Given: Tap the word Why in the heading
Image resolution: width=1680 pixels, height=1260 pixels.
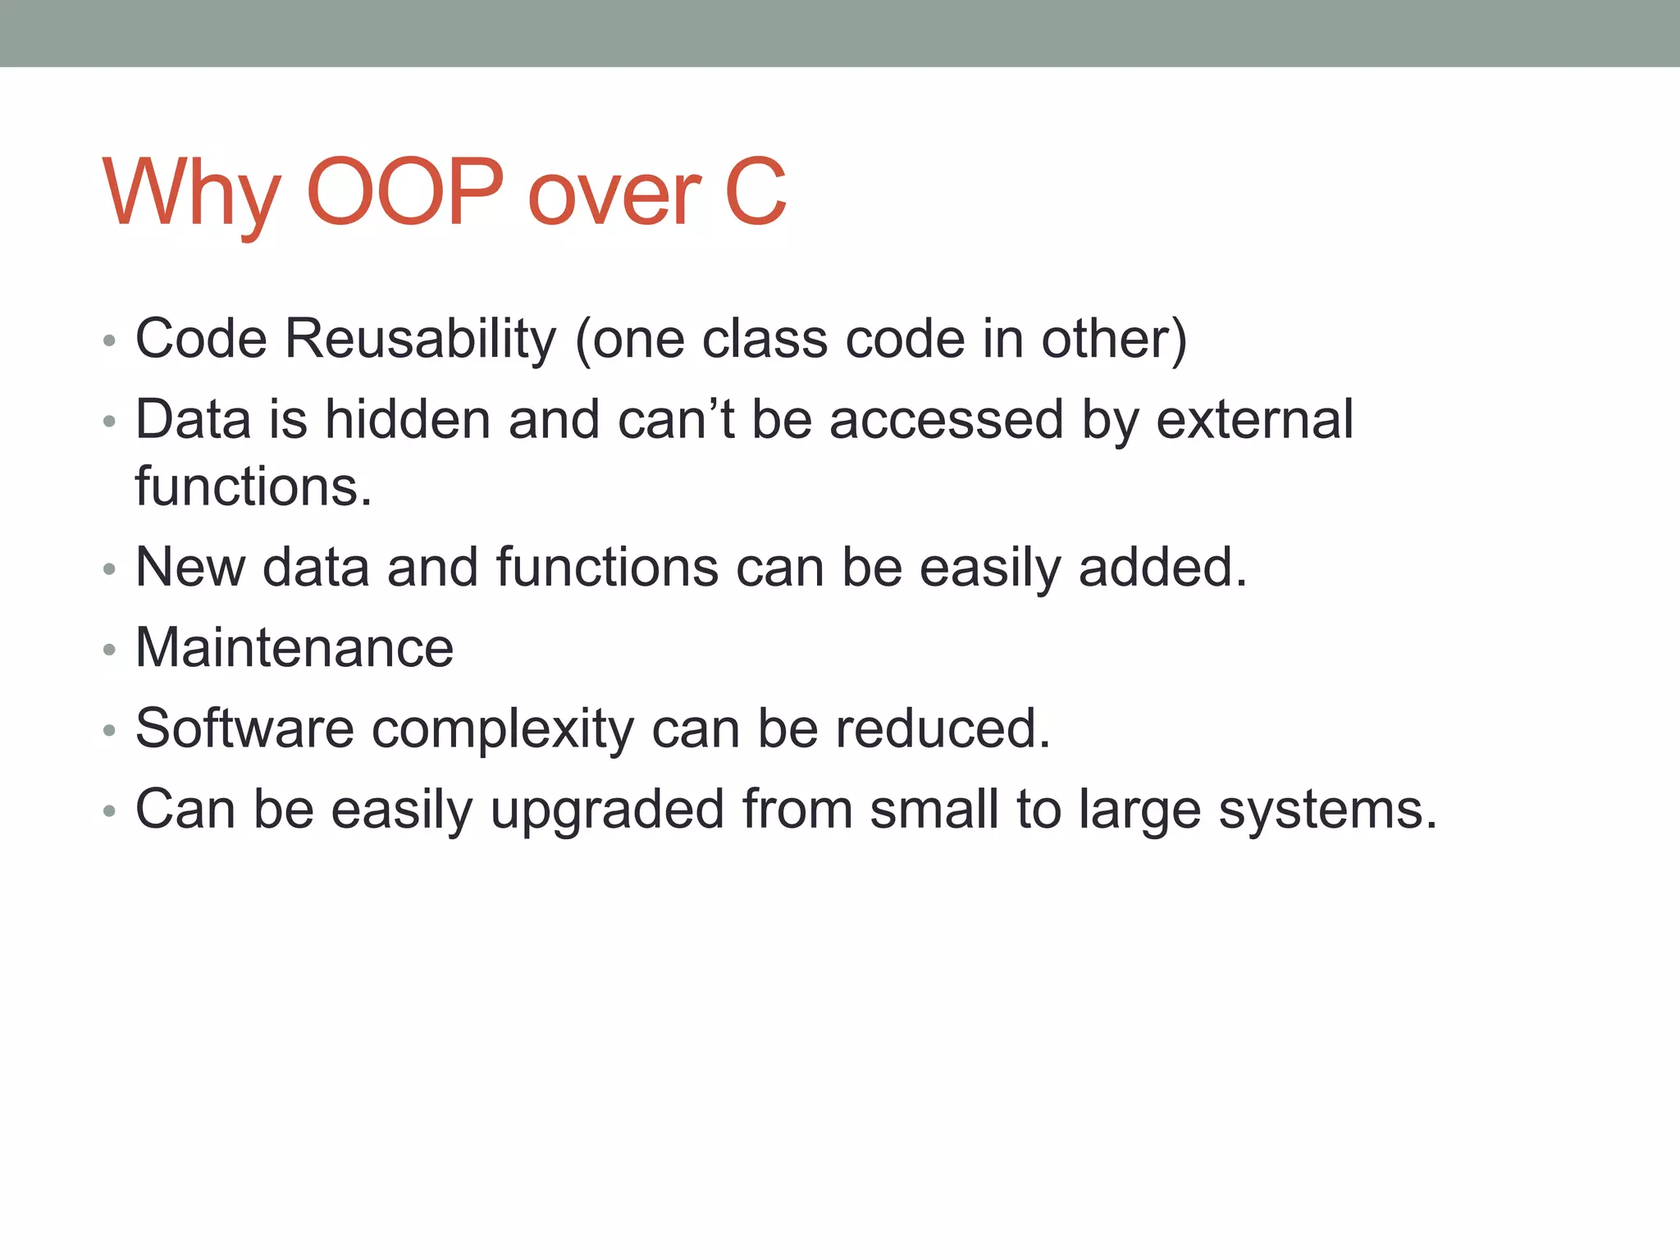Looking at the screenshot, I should coord(192,194).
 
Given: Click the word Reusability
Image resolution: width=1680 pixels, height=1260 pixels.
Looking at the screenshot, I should coord(421,339).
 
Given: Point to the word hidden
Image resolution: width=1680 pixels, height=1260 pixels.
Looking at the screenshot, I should coord(408,419).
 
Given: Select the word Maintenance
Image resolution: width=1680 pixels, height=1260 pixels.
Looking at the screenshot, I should coord(294,647).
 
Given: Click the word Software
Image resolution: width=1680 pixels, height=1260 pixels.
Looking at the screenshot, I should coord(244,728).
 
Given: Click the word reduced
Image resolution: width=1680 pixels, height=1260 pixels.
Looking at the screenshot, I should coord(943,728).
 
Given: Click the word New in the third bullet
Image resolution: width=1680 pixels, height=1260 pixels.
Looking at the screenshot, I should coord(190,567).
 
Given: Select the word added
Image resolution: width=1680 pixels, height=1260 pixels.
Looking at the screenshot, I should coord(1162,567).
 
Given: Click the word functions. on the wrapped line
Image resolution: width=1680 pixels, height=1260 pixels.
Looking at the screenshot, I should coord(253,486).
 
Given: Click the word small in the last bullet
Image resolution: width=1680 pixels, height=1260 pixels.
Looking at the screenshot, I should coord(934,810).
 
